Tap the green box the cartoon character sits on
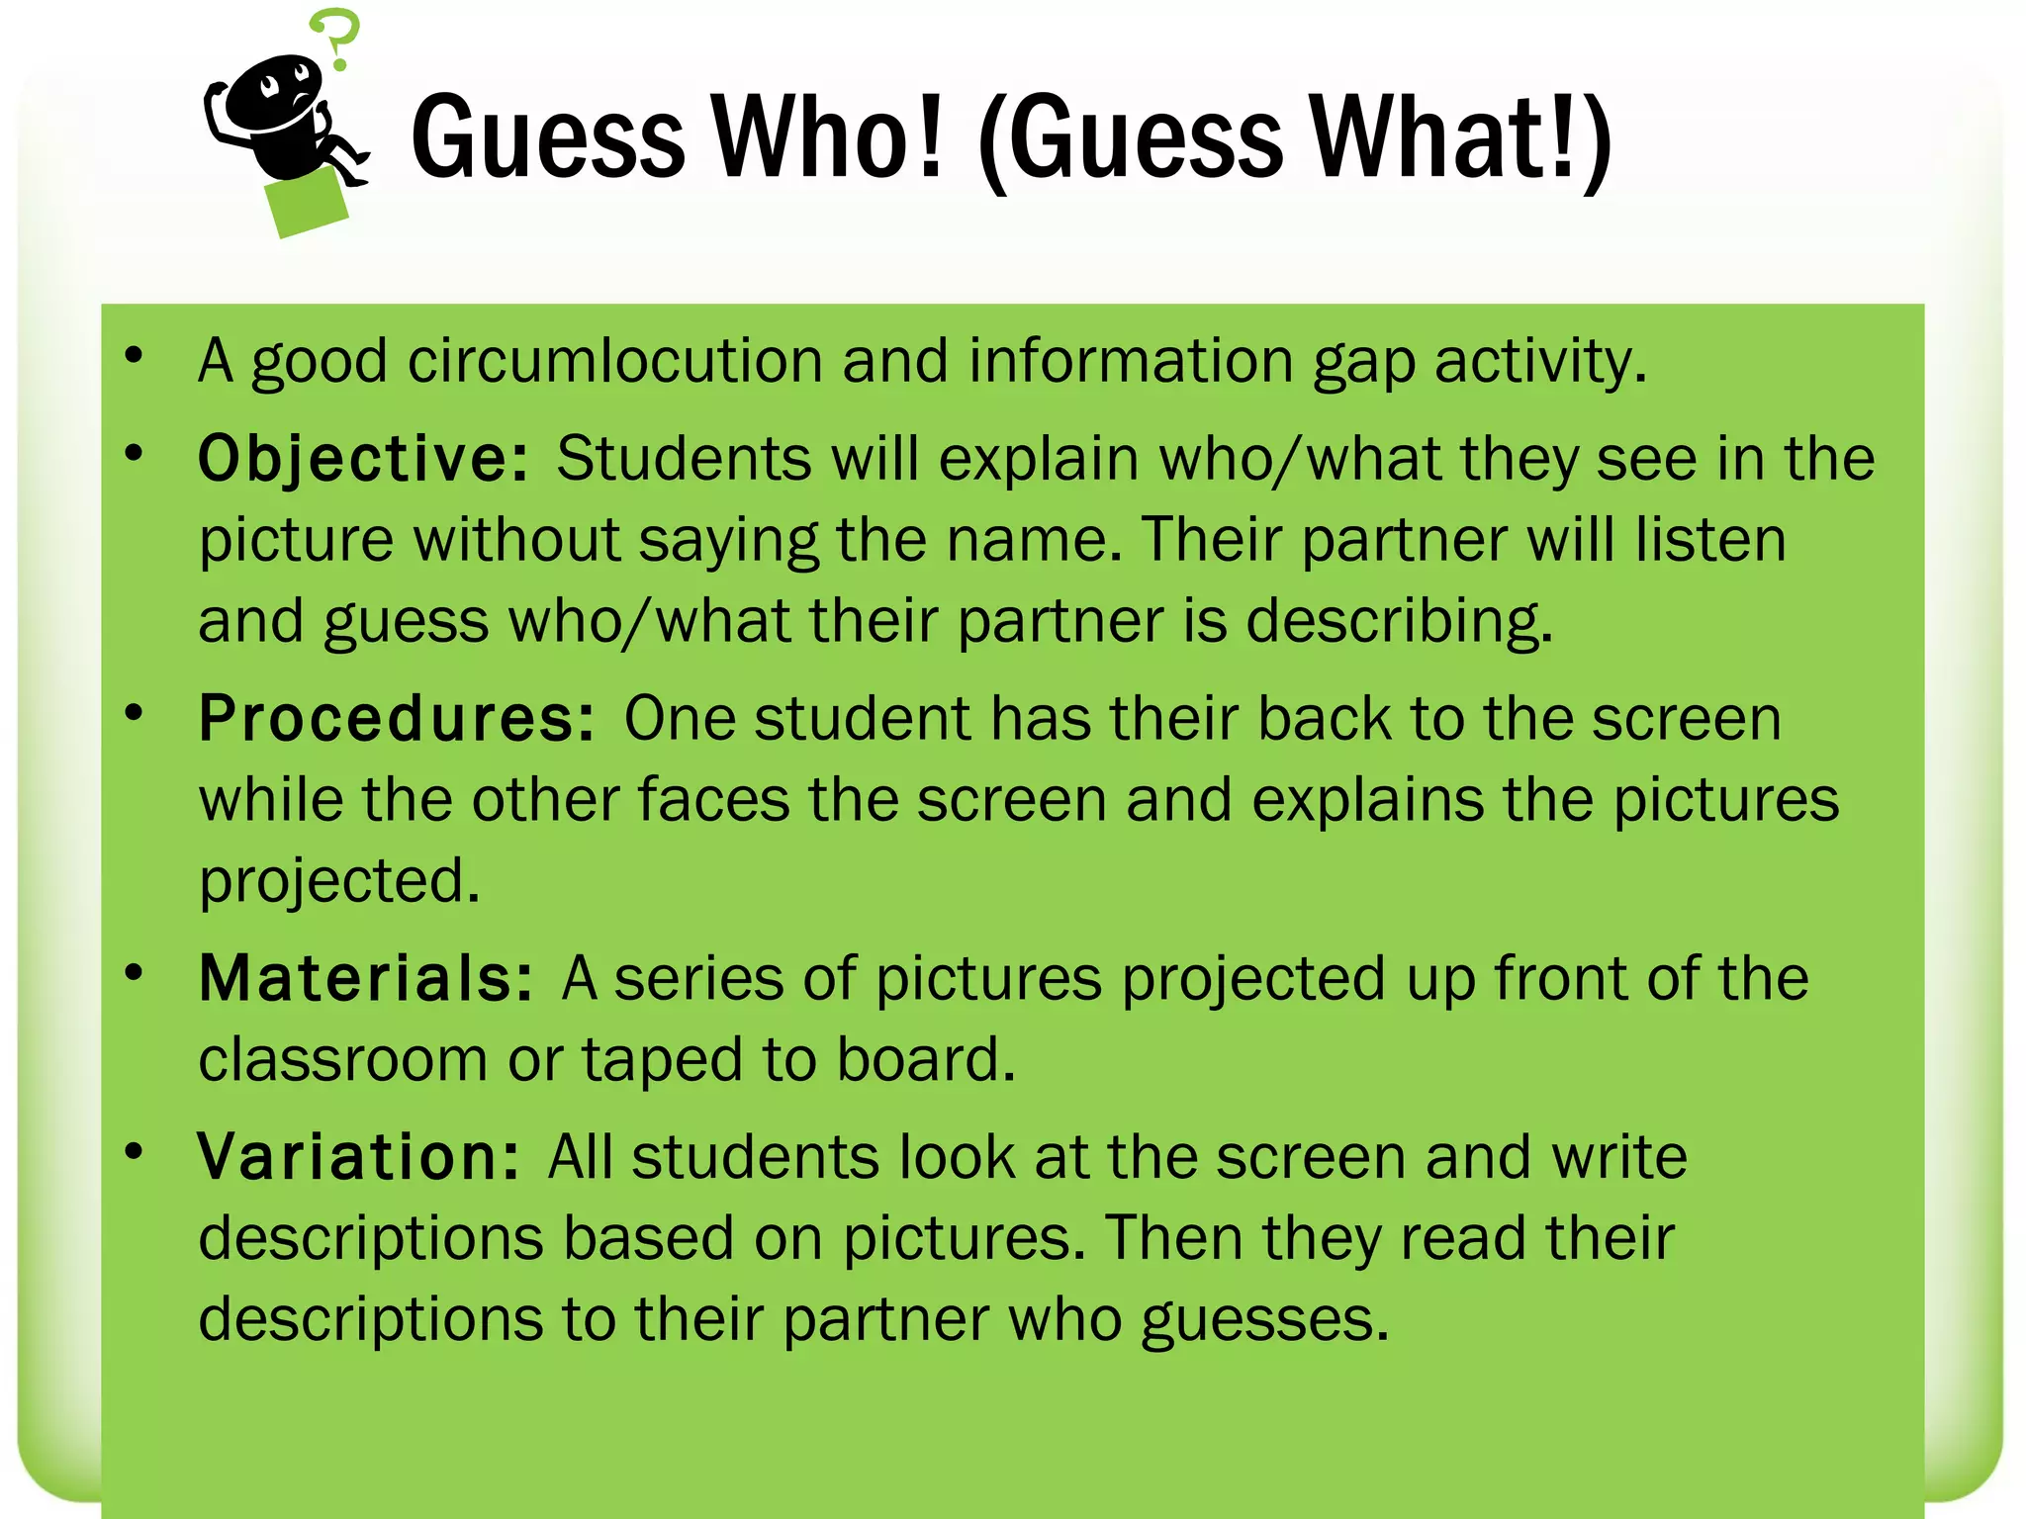308,203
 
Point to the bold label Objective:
364,459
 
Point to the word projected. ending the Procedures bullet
339,882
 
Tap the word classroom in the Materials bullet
342,1059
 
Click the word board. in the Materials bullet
926,1059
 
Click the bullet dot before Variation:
135,1151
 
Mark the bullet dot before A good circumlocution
135,355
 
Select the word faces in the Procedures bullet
712,799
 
